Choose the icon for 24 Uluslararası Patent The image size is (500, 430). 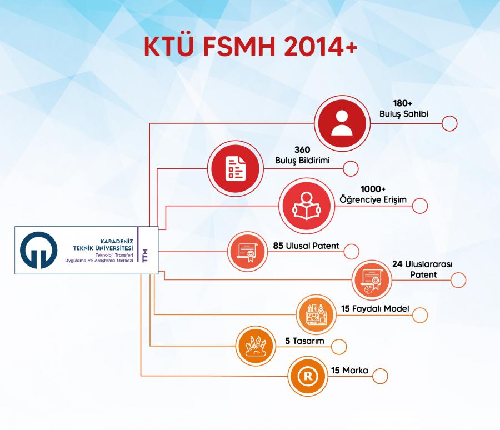coord(370,279)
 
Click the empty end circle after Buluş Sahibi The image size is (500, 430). coord(449,123)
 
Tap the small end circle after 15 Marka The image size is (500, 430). coord(380,376)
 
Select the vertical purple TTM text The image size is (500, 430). coord(145,251)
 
